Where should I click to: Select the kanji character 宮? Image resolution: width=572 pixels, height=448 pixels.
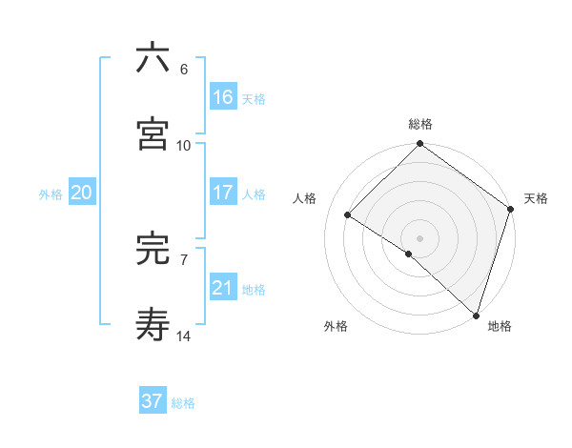(x=153, y=134)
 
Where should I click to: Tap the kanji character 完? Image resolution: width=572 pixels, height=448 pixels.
(x=153, y=249)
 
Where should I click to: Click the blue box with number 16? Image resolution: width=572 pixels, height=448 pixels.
(x=223, y=96)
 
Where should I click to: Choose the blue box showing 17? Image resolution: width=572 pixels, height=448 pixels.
(x=223, y=193)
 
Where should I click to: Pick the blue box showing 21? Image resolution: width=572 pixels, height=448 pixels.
(x=223, y=288)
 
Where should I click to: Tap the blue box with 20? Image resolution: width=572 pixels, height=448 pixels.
(x=82, y=193)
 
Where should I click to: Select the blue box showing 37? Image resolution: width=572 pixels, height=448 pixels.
(x=153, y=401)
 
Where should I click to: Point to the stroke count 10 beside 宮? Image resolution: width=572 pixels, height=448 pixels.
(x=184, y=146)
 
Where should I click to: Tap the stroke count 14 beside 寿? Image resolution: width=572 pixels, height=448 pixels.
(x=184, y=336)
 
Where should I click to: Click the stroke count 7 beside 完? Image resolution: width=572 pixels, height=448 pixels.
(x=183, y=259)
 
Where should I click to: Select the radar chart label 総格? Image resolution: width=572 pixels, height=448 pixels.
(x=420, y=124)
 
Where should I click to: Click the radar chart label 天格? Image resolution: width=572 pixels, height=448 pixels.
(x=536, y=198)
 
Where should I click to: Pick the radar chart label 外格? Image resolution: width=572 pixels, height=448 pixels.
(x=336, y=326)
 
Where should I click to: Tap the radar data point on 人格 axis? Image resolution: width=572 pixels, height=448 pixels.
(x=348, y=215)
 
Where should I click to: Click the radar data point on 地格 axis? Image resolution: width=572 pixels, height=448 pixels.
(x=476, y=315)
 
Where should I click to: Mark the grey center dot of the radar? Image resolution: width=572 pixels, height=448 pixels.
(x=419, y=237)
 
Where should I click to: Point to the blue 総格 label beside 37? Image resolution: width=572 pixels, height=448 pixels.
(x=183, y=403)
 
